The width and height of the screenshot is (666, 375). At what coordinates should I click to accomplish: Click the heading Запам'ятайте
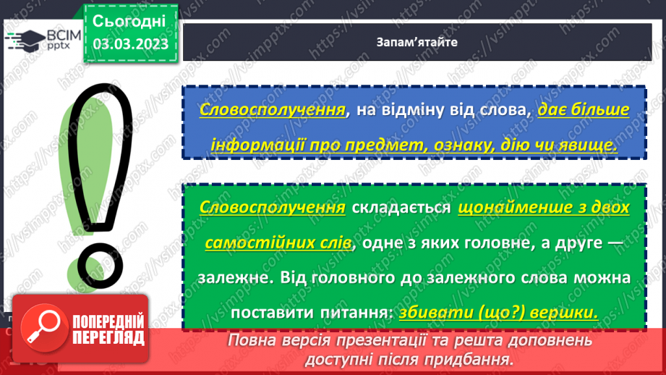pos(417,42)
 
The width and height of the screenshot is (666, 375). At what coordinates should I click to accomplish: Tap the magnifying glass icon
pos(41,329)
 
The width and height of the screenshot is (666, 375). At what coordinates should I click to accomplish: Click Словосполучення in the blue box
pos(271,111)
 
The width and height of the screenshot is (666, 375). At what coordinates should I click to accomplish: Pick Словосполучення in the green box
pos(271,208)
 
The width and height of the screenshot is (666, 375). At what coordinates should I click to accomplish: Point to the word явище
pos(587,145)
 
